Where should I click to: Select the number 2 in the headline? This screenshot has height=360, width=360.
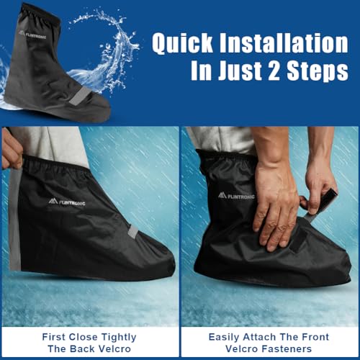(282, 71)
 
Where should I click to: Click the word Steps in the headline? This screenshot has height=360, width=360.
(321, 71)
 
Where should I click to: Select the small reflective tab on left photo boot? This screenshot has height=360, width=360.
(132, 231)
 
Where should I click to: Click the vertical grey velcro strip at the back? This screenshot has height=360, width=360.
(14, 216)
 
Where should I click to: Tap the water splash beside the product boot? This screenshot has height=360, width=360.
(115, 43)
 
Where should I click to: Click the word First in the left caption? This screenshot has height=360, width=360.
(55, 336)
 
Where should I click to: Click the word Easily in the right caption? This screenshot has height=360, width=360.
(228, 336)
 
